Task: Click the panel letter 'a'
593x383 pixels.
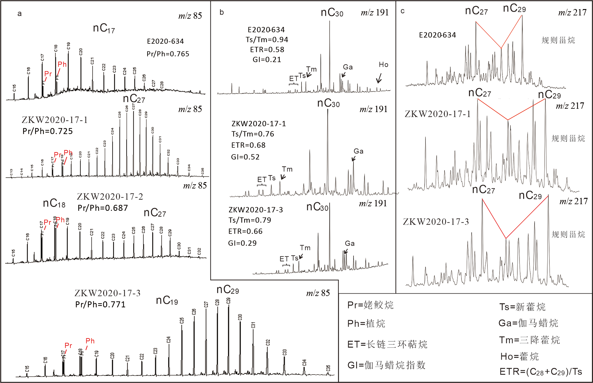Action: [x=20, y=14]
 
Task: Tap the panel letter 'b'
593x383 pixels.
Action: [x=222, y=12]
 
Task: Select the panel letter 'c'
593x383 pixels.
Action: [x=402, y=11]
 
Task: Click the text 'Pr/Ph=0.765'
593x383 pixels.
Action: [x=168, y=54]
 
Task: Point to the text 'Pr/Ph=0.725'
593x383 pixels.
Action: [x=48, y=131]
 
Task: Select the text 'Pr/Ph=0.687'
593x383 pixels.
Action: [x=103, y=208]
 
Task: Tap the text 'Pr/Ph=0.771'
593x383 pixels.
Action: [x=100, y=304]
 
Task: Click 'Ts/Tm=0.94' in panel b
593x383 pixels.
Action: [x=267, y=40]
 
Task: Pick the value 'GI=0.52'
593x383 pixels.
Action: [x=245, y=157]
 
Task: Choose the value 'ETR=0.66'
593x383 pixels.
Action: [x=245, y=231]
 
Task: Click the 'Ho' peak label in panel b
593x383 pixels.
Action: [x=383, y=65]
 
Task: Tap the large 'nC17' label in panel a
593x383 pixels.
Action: [x=104, y=28]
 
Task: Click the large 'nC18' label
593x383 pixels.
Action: [x=54, y=203]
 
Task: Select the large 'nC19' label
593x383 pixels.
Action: [x=167, y=301]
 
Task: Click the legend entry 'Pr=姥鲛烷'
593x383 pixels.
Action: [x=370, y=305]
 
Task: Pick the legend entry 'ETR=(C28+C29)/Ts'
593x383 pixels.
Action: [x=541, y=372]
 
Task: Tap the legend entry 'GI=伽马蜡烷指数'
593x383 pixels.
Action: [x=386, y=365]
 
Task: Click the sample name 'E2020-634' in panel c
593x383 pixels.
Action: [x=437, y=35]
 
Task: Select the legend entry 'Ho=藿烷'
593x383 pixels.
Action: [x=520, y=356]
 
